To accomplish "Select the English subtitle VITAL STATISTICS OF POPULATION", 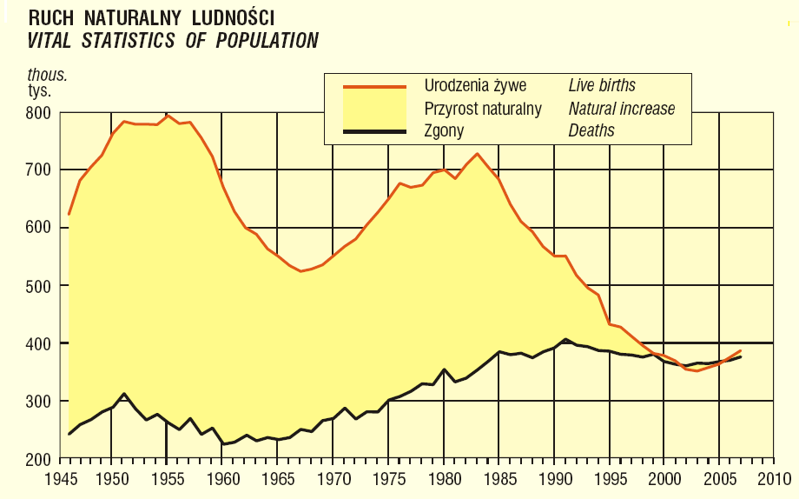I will tap(173, 40).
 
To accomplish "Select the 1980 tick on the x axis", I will tap(443, 478).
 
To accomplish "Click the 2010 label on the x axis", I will tap(772, 478).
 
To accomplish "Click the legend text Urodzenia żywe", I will tap(476, 85).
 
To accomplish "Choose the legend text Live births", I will tap(602, 85).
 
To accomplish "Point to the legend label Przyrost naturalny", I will tap(483, 109).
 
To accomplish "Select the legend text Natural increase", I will tap(622, 109).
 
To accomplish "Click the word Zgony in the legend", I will tap(444, 131).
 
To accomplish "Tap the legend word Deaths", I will tap(591, 131).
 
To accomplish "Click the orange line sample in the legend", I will tap(374, 87).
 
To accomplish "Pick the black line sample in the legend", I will tap(374, 131).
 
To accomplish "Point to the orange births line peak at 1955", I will tap(168, 115).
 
